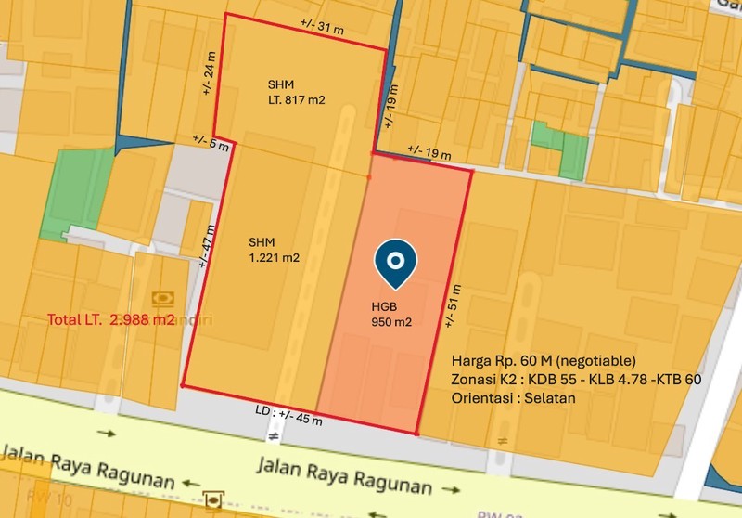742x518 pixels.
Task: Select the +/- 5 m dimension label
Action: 210,142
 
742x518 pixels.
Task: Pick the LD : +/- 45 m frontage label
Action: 288,415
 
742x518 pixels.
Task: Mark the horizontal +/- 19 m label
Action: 429,151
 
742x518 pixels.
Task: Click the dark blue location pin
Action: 395,265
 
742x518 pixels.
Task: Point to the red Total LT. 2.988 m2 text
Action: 111,320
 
